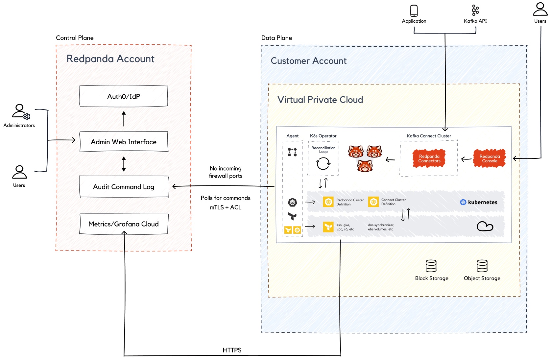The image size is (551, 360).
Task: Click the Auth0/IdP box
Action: [123, 96]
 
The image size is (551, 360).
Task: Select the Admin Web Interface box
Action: [124, 142]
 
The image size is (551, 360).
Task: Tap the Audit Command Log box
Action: [124, 187]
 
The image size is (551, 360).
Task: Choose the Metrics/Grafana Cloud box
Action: [124, 224]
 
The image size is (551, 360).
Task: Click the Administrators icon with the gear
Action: [21, 112]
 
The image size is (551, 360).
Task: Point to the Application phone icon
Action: [414, 11]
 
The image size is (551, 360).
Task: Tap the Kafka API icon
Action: [475, 10]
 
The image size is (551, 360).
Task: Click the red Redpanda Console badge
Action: [490, 158]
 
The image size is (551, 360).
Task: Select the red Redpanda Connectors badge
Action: [429, 158]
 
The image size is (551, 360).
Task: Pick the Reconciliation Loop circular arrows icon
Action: [323, 163]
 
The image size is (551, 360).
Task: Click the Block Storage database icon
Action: [431, 266]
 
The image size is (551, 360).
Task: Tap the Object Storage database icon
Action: [482, 266]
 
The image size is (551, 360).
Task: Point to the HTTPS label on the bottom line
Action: [232, 350]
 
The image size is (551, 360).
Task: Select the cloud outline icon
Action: [485, 226]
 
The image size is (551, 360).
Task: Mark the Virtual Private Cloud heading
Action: [320, 100]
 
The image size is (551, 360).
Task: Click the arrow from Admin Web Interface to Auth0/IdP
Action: [124, 119]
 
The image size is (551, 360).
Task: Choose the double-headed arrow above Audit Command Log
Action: [124, 164]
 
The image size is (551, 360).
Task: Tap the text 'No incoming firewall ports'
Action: [226, 172]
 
